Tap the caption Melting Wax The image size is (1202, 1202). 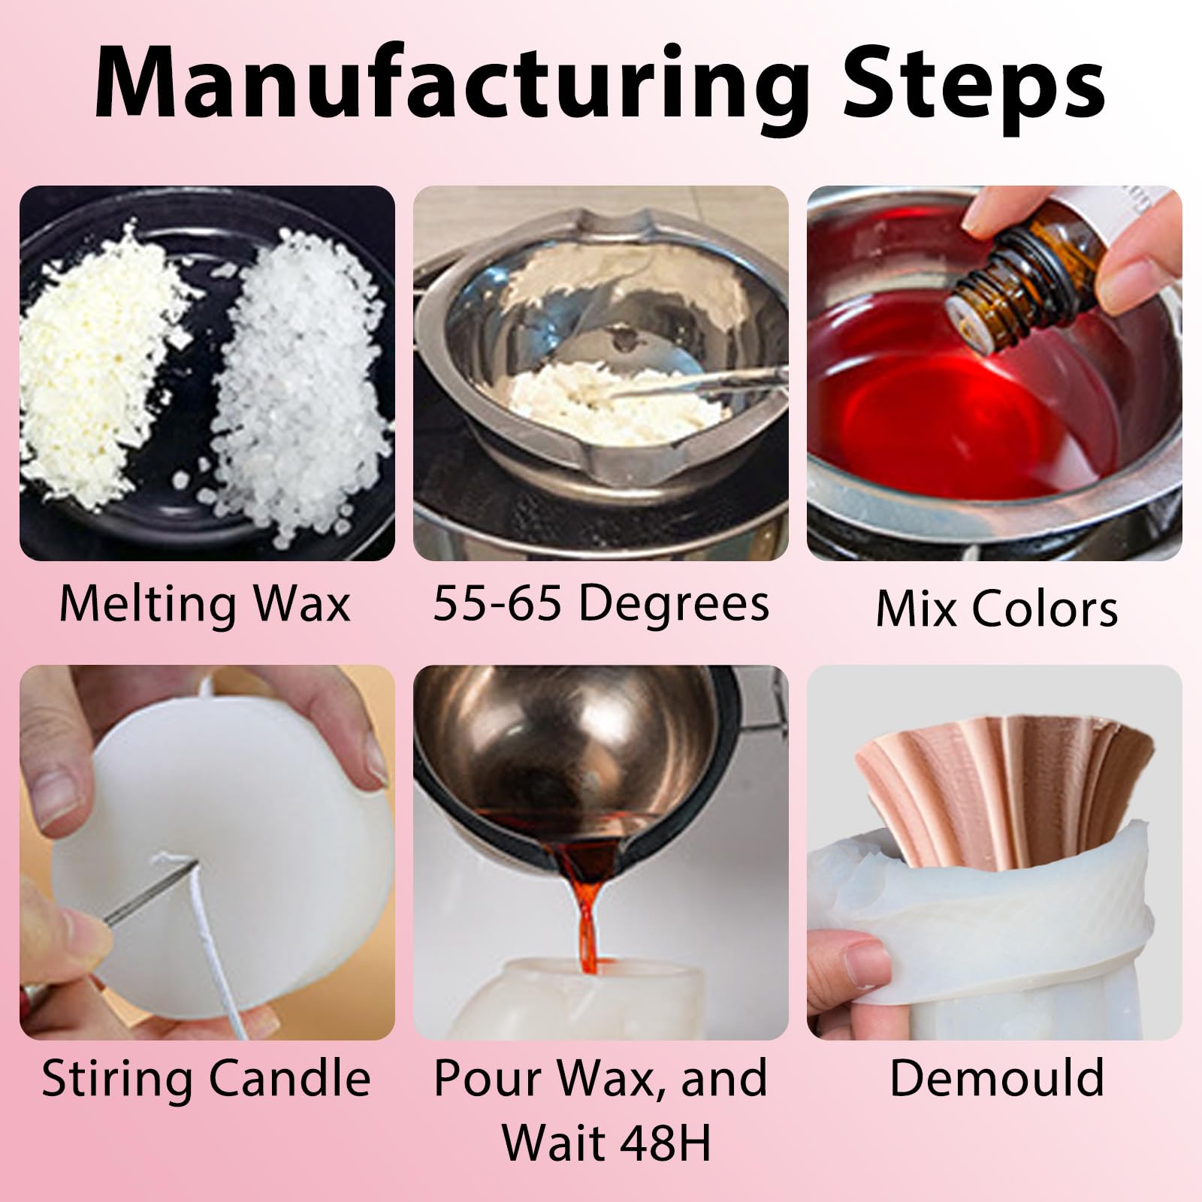[205, 603]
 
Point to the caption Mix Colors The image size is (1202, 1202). [996, 606]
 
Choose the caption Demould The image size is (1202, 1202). [996, 1078]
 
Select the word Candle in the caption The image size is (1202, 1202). [288, 1080]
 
